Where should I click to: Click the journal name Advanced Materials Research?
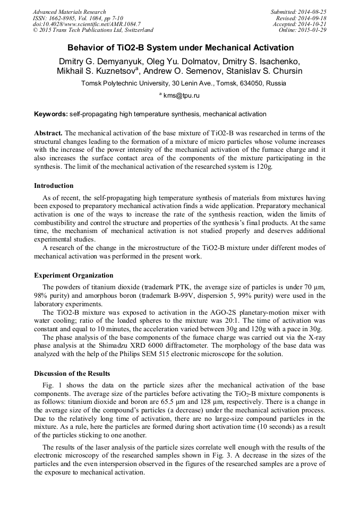tap(69, 12)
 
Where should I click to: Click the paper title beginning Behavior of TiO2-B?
tap(180, 48)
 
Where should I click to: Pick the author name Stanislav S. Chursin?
tap(270, 71)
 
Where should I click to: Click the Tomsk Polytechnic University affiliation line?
tap(183, 83)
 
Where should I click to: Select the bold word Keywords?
tap(50, 114)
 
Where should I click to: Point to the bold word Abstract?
tap(48, 132)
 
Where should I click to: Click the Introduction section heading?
tap(54, 186)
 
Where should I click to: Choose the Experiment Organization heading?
tap(73, 275)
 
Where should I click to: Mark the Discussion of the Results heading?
tap(72, 373)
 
